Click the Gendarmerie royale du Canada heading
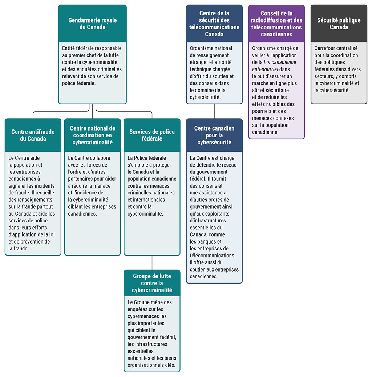92,24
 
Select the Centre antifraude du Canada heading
33,135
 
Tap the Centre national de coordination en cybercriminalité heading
92,135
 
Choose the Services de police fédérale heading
152,135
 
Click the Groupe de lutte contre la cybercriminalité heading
152,283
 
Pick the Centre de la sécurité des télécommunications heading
214,24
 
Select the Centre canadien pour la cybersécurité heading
214,135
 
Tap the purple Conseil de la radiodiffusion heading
276,24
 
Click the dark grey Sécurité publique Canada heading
339,24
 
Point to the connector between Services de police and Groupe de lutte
152,262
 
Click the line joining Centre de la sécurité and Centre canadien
214,111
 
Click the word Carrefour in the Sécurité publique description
326,48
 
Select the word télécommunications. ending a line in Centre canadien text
213,256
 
